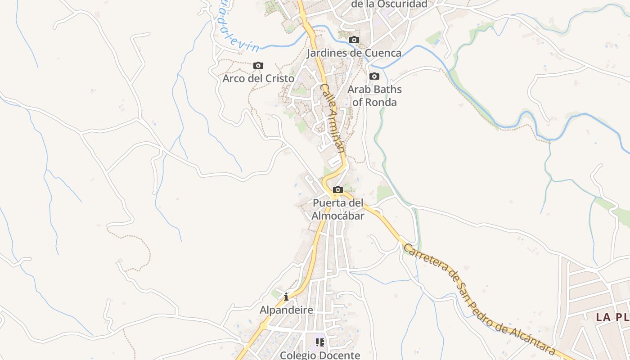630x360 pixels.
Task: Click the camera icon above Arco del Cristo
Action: click(x=258, y=66)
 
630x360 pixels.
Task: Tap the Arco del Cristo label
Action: click(x=258, y=78)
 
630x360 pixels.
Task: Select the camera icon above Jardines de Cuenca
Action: click(x=354, y=40)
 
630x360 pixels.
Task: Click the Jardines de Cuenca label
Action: click(x=354, y=53)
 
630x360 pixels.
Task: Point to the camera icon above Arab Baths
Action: click(x=374, y=76)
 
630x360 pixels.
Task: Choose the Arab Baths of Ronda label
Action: click(x=374, y=95)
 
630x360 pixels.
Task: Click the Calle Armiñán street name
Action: click(x=333, y=118)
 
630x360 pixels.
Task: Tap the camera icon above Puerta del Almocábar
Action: click(x=338, y=190)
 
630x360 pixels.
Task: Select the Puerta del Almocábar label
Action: click(x=338, y=209)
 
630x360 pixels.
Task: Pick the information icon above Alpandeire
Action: click(x=286, y=297)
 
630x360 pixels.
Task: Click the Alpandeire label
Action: click(x=286, y=310)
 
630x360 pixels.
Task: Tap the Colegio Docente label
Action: click(x=320, y=355)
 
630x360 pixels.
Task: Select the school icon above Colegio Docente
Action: click(x=320, y=342)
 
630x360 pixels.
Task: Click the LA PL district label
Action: click(x=612, y=317)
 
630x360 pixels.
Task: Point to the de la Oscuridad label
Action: click(x=389, y=4)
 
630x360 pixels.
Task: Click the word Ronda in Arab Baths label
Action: click(x=374, y=102)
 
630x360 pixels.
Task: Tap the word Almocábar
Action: click(x=338, y=216)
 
